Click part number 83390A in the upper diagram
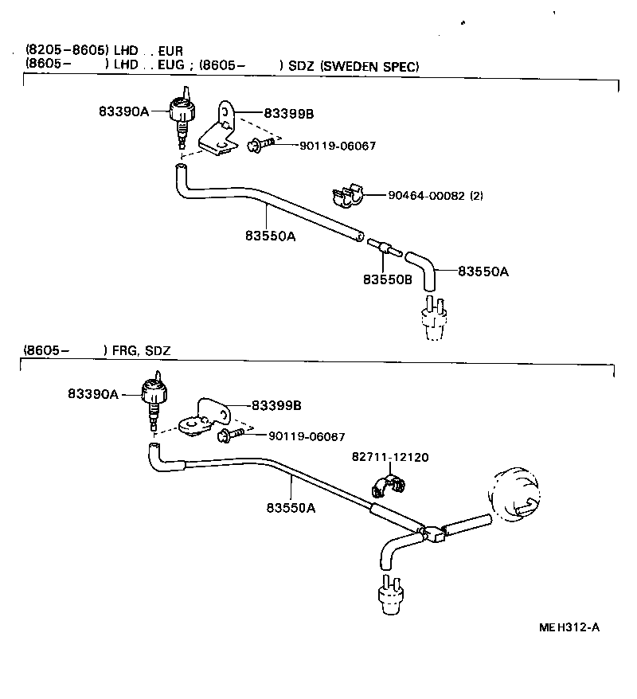coord(123,112)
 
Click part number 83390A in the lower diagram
coord(92,394)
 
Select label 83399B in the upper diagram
coord(288,115)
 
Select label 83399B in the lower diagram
coord(276,405)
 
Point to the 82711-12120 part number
coord(390,457)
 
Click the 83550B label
coord(387,279)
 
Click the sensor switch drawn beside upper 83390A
coord(180,115)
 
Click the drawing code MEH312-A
coord(569,627)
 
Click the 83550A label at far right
coord(483,271)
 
